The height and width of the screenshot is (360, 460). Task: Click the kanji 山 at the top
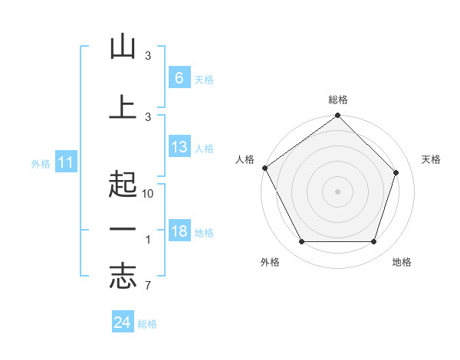point(123,47)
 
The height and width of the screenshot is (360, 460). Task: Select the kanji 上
point(123,106)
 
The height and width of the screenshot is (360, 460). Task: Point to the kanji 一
point(123,231)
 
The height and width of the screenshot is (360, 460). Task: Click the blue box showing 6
point(179,77)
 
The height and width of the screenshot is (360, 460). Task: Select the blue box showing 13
point(179,147)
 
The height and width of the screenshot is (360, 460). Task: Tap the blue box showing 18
point(179,231)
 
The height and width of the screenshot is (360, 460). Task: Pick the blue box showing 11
point(65,162)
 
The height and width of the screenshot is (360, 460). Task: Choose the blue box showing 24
point(123,322)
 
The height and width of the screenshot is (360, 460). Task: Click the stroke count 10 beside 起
point(148,194)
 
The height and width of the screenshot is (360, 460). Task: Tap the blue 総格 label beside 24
point(148,324)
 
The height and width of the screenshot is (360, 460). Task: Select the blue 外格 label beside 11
point(41,164)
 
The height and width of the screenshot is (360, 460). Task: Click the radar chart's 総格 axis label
point(338,100)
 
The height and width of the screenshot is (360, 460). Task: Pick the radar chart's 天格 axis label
point(432,159)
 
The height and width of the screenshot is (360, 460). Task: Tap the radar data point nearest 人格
point(264,168)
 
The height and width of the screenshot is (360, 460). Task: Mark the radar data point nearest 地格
point(373,242)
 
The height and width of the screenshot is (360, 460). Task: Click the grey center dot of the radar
point(338,191)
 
